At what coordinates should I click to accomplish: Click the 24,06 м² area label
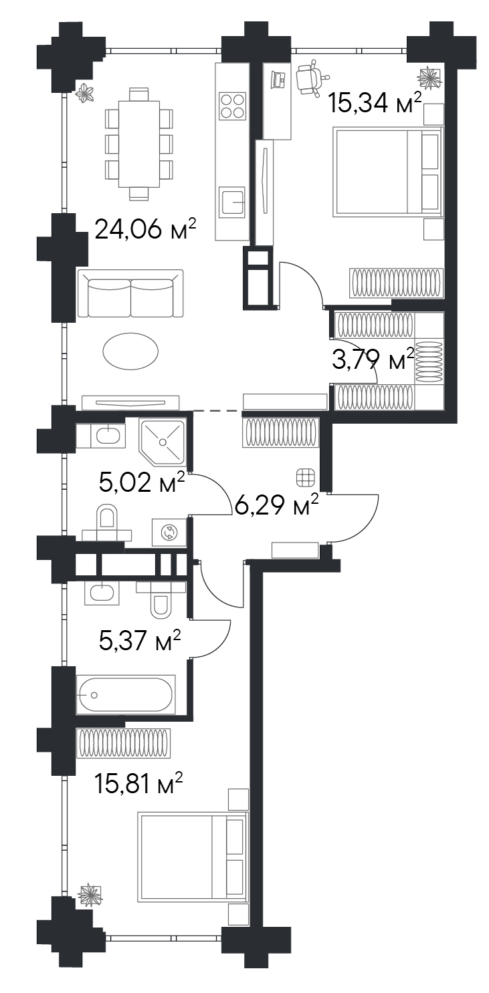coord(145,230)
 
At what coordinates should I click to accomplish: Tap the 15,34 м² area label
coord(374,103)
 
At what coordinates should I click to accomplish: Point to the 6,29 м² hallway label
coord(276,505)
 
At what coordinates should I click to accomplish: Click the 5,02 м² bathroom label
coord(142,482)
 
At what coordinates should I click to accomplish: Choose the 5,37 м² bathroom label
coord(139,641)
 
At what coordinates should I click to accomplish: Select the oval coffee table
coord(130,351)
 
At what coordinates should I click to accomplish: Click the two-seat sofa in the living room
coord(130,293)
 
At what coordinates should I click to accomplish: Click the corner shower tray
coord(163,442)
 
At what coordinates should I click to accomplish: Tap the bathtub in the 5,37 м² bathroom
coord(126,694)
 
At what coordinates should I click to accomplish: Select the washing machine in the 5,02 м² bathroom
coord(169,532)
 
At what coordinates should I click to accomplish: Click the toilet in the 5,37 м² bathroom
coord(160,599)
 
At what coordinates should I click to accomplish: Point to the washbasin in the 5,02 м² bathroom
coord(106,435)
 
